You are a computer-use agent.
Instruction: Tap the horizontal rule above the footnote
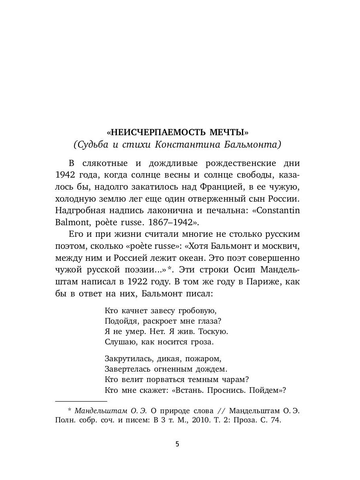(x=81, y=401)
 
